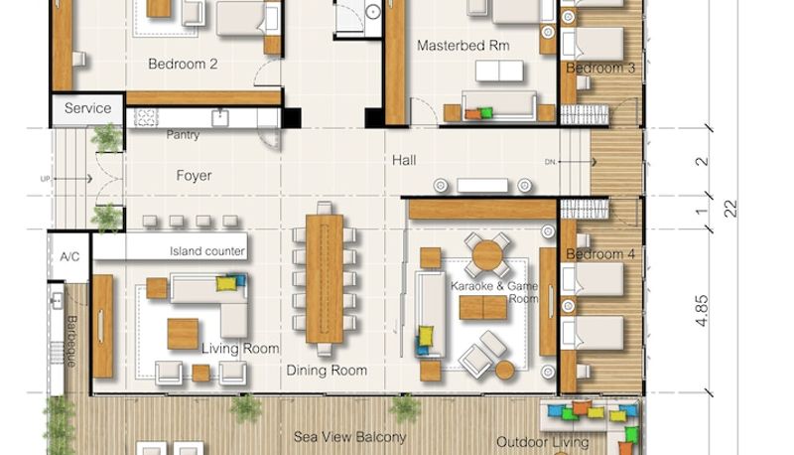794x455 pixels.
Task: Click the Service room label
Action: [87, 108]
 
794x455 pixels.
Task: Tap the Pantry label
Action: [183, 135]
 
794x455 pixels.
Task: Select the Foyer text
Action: [194, 175]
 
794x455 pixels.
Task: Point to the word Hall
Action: [404, 161]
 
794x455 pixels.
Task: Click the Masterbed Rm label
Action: [463, 46]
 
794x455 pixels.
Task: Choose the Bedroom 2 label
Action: [183, 64]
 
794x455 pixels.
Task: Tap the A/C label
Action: [69, 256]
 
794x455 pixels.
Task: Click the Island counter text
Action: [207, 251]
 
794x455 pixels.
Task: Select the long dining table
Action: [325, 278]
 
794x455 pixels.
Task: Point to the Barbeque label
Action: [71, 341]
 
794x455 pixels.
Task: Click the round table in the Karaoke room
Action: [487, 256]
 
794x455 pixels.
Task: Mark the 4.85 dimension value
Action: [702, 311]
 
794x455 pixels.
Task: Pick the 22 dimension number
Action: [730, 209]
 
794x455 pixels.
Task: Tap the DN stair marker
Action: [550, 162]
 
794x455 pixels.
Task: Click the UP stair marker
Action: [45, 179]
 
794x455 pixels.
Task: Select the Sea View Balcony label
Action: [350, 437]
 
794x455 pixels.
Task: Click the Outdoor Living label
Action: [542, 442]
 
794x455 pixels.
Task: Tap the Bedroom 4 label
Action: [600, 254]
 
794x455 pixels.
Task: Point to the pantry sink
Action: [219, 118]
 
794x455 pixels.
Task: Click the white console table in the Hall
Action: [482, 186]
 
